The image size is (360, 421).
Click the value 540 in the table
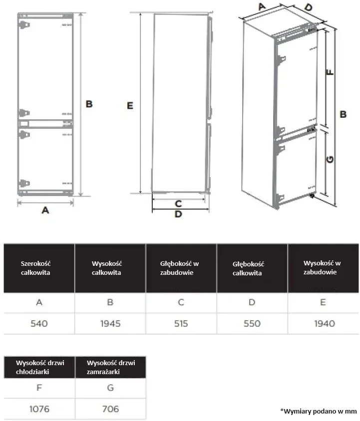[39, 324]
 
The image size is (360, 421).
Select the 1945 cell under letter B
[110, 324]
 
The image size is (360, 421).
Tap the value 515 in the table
[181, 324]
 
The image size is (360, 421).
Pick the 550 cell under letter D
[252, 324]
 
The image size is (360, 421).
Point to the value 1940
[325, 324]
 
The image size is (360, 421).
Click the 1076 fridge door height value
[39, 409]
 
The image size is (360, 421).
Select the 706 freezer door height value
[110, 409]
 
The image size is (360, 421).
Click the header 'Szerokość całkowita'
[35, 268]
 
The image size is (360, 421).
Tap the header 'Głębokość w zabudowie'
[179, 268]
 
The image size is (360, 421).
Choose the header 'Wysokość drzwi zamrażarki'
[111, 367]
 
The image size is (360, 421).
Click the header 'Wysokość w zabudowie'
[322, 267]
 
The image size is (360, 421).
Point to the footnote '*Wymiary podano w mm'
[319, 411]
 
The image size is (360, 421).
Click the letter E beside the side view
[130, 106]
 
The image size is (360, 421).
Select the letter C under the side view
[178, 204]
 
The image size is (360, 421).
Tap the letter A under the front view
[45, 210]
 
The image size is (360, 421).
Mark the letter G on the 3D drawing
[330, 160]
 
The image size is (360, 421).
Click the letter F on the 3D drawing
[330, 72]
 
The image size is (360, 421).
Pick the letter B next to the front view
[89, 104]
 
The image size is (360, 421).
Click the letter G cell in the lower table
[110, 388]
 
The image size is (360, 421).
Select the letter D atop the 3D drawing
[309, 7]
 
